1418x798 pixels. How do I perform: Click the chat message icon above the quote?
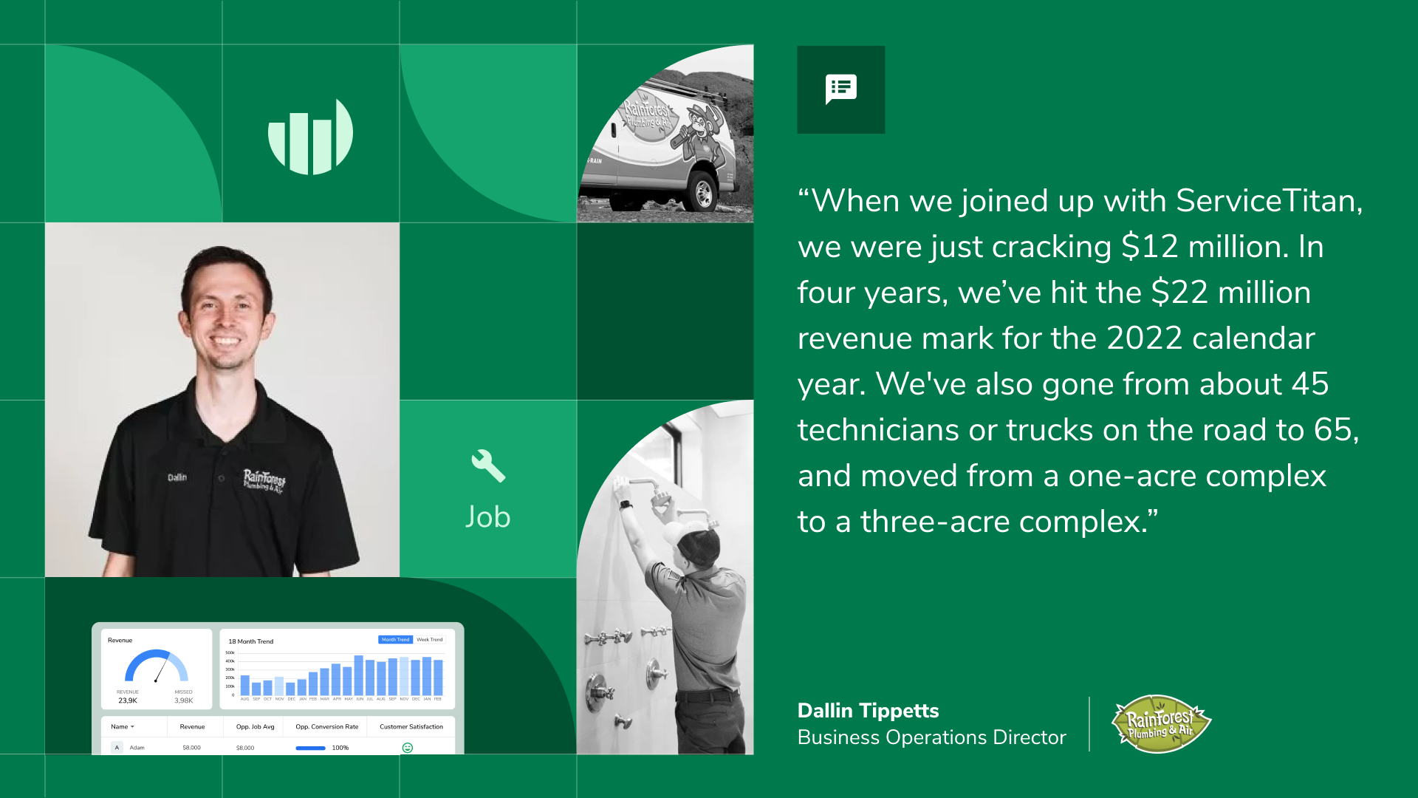pyautogui.click(x=840, y=89)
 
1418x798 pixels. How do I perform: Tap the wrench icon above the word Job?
pyautogui.click(x=487, y=465)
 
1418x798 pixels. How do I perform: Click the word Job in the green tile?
pyautogui.click(x=487, y=517)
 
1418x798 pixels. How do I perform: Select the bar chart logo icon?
pyautogui.click(x=310, y=137)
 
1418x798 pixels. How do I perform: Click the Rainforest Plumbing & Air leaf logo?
pyautogui.click(x=1160, y=723)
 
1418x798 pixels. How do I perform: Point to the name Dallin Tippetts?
pyautogui.click(x=868, y=711)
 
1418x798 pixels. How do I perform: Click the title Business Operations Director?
pyautogui.click(x=931, y=737)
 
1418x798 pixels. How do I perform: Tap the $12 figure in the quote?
pyautogui.click(x=1149, y=247)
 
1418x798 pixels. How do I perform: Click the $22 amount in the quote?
pyautogui.click(x=1179, y=293)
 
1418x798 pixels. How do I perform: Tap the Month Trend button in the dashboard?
pyautogui.click(x=395, y=640)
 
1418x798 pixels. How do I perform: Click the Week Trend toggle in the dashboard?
pyautogui.click(x=429, y=640)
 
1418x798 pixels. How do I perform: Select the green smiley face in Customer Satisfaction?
pyautogui.click(x=407, y=748)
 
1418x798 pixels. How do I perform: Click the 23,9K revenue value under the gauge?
pyautogui.click(x=128, y=700)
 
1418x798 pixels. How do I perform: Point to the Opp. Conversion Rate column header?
pyautogui.click(x=326, y=727)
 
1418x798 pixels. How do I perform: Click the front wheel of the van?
pyautogui.click(x=702, y=194)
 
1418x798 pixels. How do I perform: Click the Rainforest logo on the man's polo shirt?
pyautogui.click(x=264, y=480)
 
